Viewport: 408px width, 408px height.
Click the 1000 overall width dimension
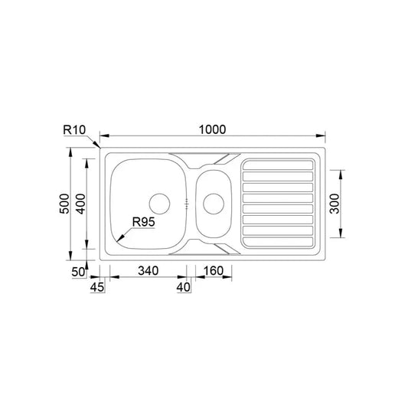212,129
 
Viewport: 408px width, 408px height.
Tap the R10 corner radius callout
74,129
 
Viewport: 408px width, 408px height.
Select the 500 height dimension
64,204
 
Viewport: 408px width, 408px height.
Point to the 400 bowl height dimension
80,204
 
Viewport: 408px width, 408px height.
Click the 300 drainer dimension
335,204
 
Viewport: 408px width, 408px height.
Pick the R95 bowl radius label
143,222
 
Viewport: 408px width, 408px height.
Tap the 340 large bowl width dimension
148,271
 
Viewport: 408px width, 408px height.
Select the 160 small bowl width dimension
214,271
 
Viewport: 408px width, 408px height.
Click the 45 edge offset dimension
97,287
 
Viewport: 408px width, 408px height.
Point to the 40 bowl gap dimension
184,287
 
